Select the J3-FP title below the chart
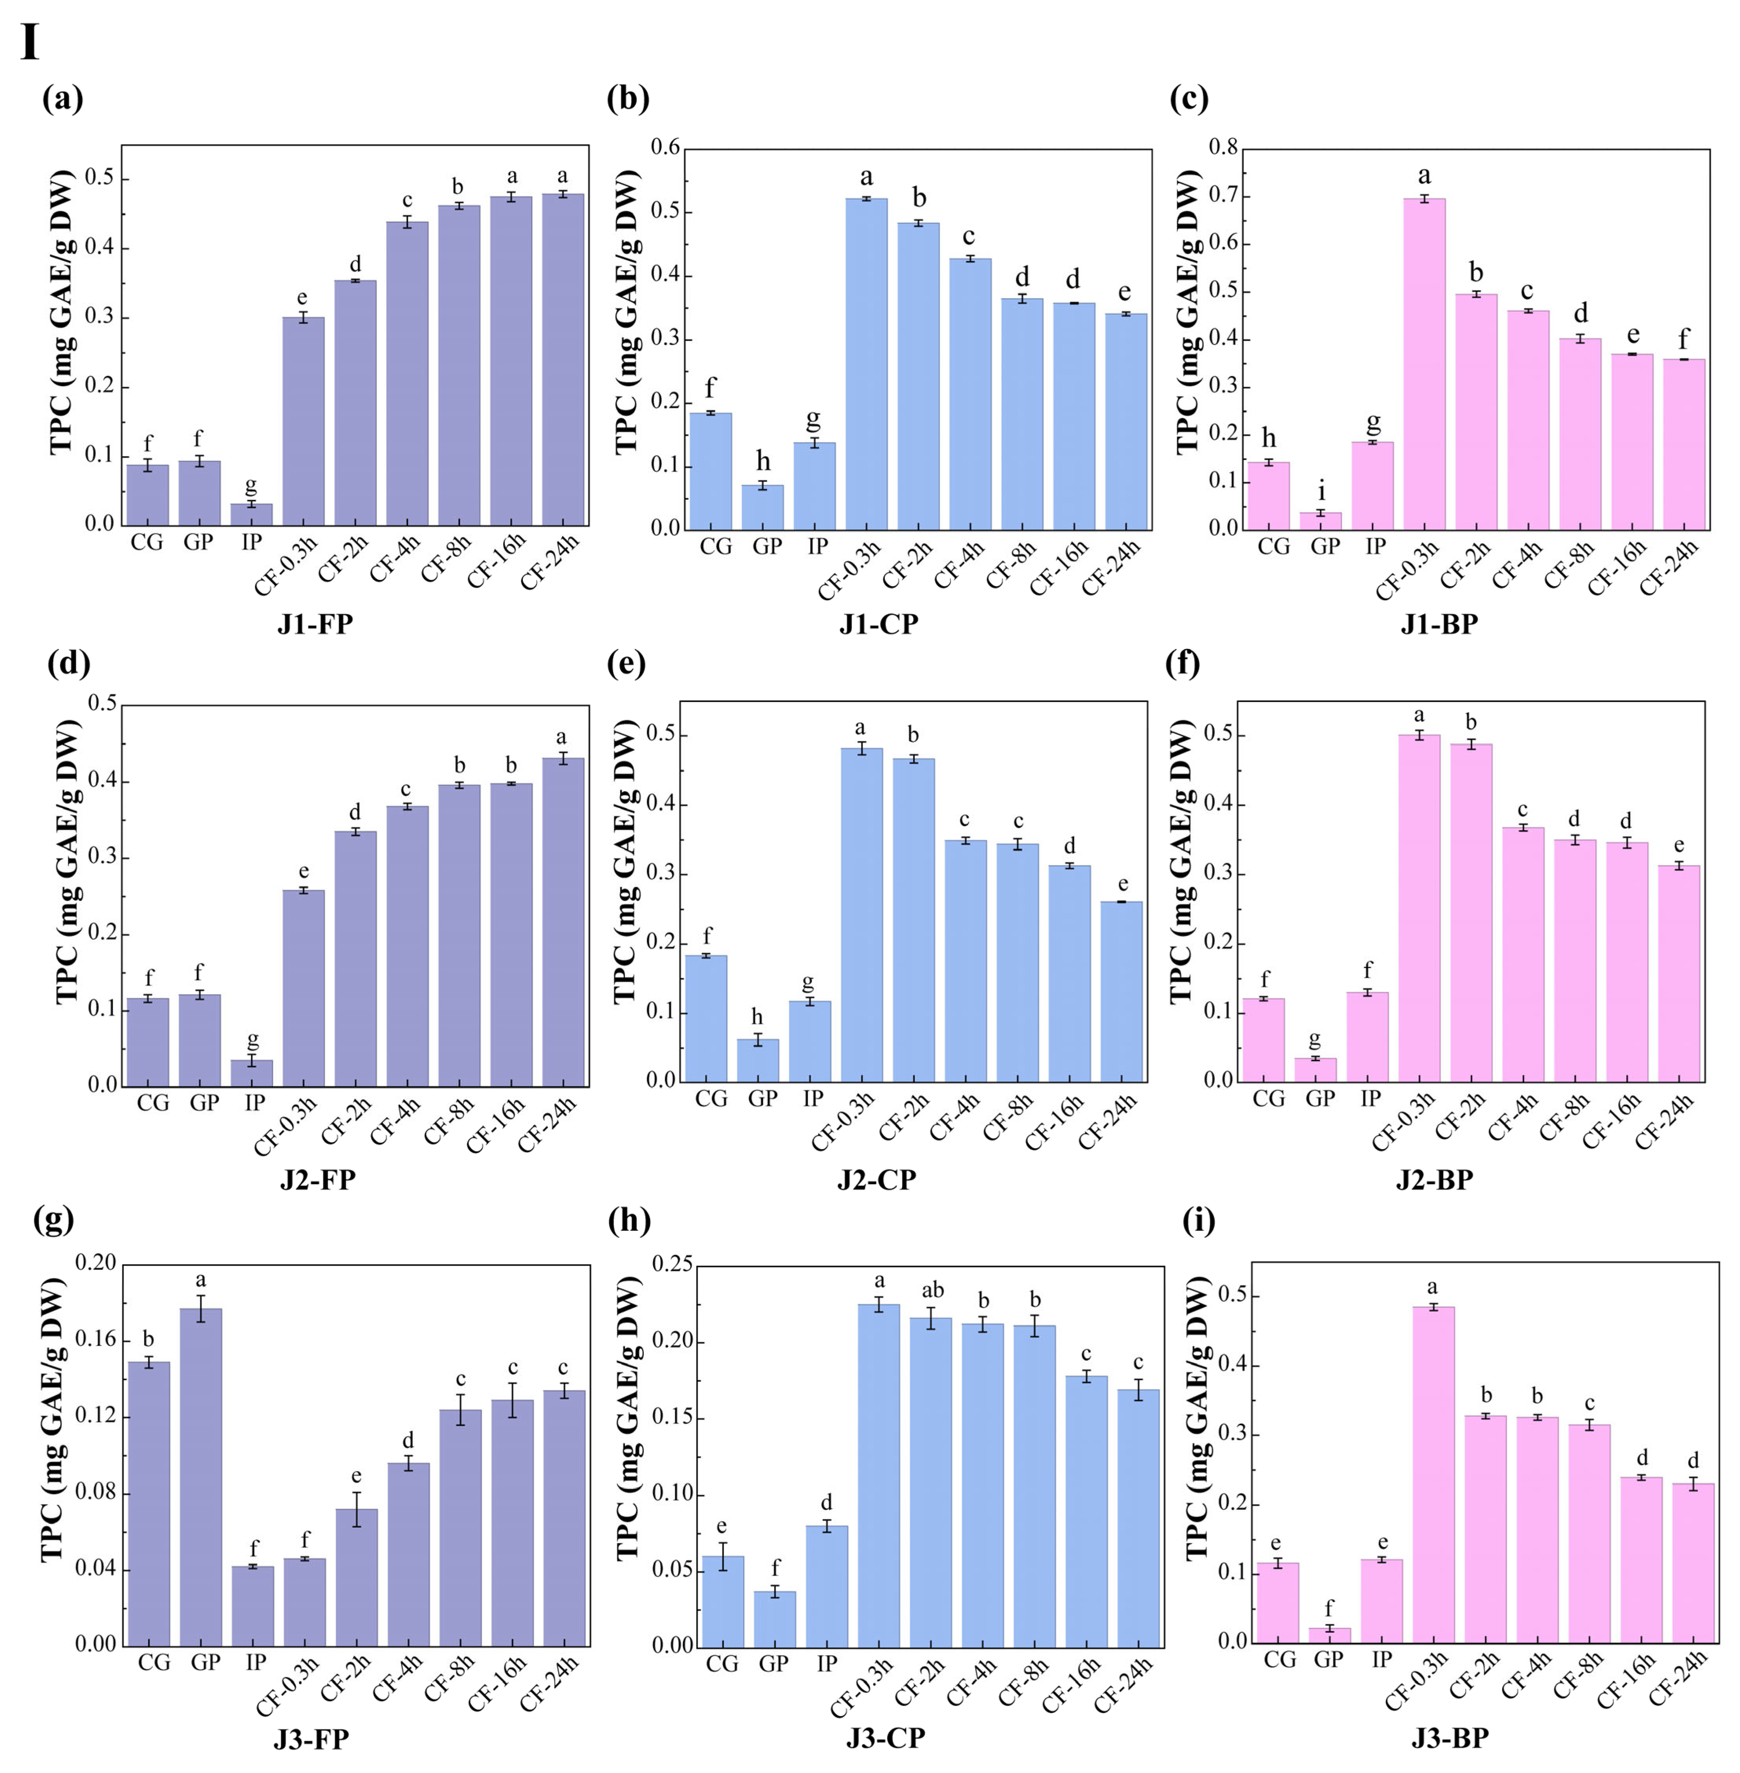[x=311, y=1738]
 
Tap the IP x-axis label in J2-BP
[x=1370, y=1098]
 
